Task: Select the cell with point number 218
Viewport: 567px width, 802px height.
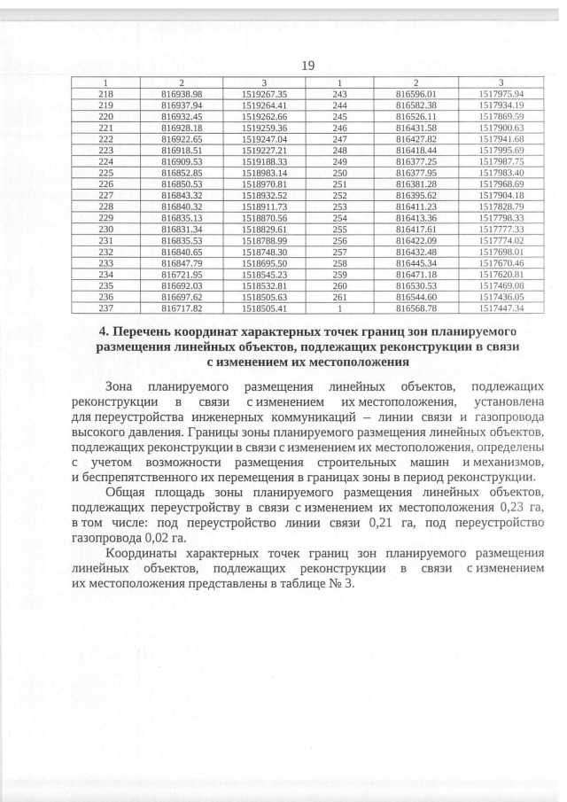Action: [105, 93]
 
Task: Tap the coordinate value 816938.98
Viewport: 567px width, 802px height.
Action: [183, 93]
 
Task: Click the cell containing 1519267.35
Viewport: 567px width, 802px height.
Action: [263, 93]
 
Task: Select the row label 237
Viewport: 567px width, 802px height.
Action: [105, 308]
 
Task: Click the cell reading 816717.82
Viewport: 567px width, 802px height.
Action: [183, 308]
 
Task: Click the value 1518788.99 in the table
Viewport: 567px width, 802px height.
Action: [263, 240]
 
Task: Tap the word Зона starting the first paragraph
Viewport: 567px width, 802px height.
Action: [121, 387]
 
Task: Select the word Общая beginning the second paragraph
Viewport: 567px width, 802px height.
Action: [127, 492]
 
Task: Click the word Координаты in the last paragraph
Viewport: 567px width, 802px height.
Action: [145, 553]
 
